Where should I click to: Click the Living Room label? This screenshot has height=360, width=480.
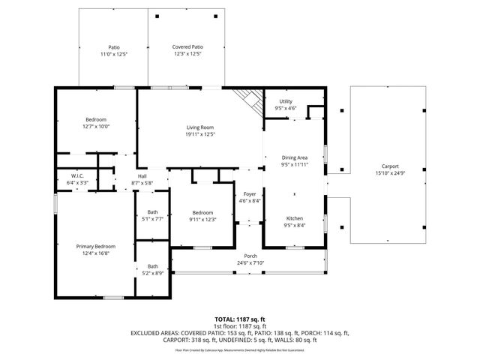click(201, 127)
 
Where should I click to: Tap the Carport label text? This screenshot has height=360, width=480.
click(390, 166)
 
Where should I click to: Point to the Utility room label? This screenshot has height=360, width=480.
click(286, 101)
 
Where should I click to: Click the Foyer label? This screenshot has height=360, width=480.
click(249, 193)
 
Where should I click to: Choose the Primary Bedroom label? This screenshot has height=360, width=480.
click(95, 246)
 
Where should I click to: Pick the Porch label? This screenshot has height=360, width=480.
click(250, 256)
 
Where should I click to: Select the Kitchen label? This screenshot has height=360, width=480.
click(294, 218)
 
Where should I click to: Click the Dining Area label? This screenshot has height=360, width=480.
click(295, 157)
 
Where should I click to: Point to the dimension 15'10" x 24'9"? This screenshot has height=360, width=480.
click(390, 173)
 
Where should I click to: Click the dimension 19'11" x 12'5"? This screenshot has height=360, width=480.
click(201, 134)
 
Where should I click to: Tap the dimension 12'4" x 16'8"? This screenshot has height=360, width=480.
click(95, 253)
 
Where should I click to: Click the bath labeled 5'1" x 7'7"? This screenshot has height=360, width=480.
click(153, 215)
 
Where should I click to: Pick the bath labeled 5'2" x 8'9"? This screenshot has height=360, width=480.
click(153, 269)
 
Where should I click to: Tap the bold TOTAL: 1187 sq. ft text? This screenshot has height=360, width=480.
click(241, 319)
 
